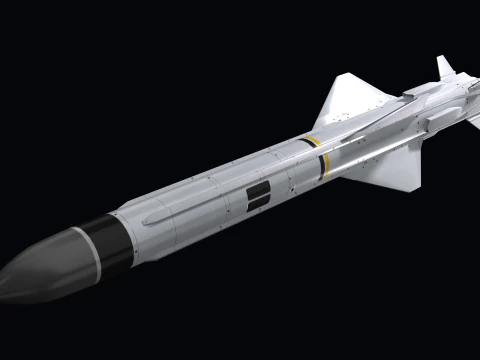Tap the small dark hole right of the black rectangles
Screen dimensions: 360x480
click(x=286, y=186)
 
